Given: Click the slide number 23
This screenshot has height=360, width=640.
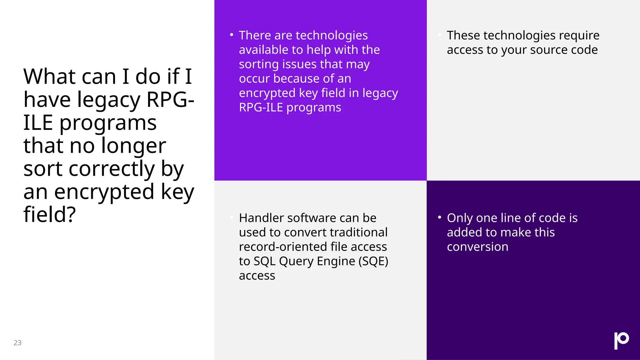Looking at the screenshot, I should [17, 343].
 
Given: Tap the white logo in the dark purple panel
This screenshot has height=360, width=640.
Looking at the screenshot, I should [621, 340].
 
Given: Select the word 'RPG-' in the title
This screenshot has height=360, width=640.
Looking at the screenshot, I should [170, 100].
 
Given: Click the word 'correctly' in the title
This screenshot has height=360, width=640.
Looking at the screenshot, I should [112, 169].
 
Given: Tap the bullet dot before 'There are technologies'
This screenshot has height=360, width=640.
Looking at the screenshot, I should [232, 35].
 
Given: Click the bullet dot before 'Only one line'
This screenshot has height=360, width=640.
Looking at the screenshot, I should [439, 217].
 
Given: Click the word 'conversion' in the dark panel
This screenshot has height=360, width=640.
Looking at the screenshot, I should [477, 247].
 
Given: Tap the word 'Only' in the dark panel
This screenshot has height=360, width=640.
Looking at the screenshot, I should [460, 218].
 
